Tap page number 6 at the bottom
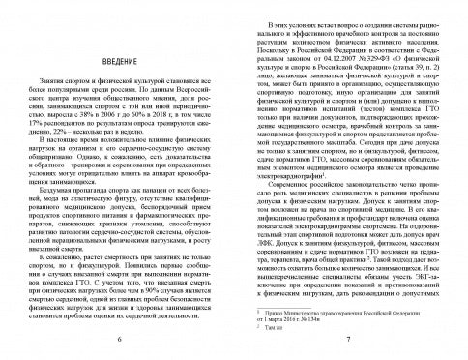coord(119,343)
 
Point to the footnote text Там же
coord(279,326)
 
